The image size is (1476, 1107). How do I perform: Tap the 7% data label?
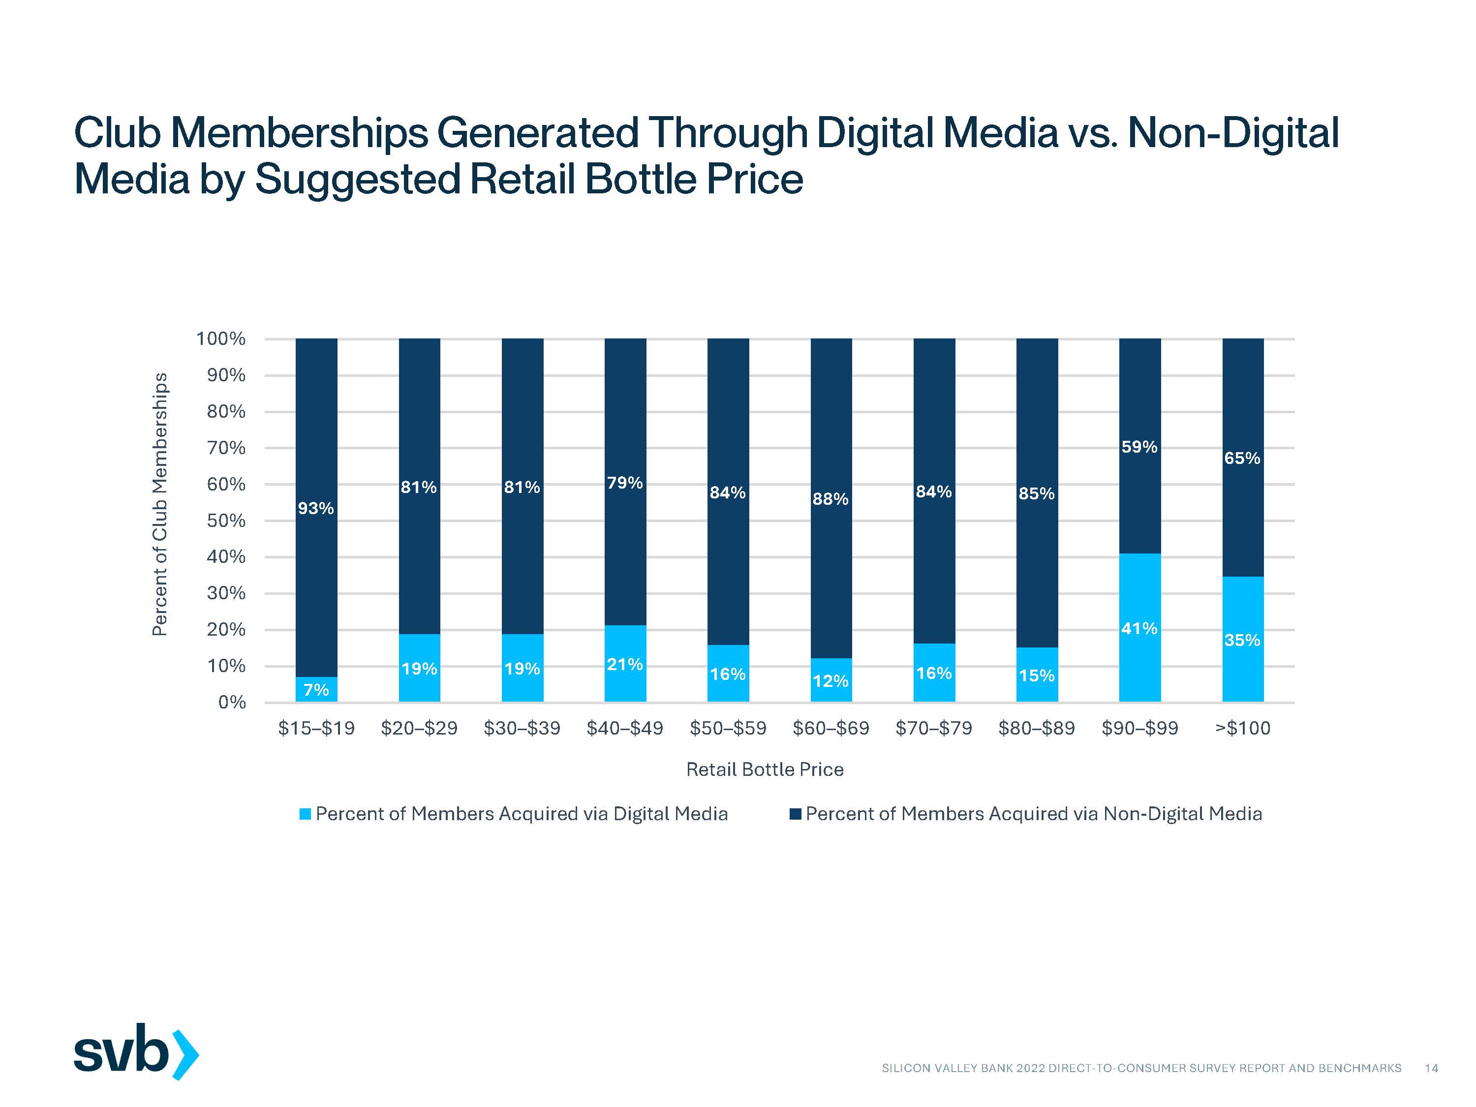[x=316, y=690]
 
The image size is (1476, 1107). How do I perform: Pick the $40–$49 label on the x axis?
[x=624, y=728]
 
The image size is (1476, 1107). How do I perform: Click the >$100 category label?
[x=1242, y=728]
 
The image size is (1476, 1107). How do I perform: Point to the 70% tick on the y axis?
[x=226, y=448]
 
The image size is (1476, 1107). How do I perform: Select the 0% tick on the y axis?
[x=232, y=703]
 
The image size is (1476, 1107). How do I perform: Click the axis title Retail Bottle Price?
[x=765, y=770]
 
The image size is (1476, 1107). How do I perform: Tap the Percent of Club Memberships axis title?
[x=159, y=504]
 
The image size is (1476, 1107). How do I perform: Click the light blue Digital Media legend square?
[x=306, y=814]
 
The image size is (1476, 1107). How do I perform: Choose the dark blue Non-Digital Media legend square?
[x=796, y=814]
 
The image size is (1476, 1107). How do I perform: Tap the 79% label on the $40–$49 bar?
[x=624, y=483]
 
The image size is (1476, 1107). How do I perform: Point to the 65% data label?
[x=1242, y=459]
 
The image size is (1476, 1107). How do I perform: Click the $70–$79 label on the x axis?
[x=933, y=728]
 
